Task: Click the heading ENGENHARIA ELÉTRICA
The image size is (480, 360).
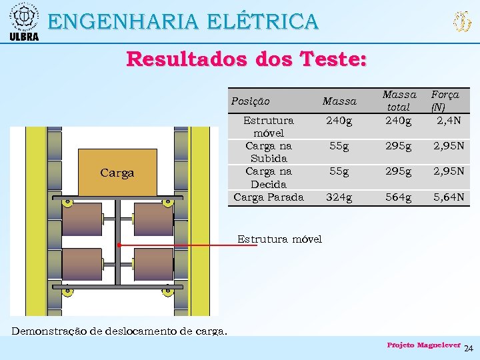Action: coord(183,22)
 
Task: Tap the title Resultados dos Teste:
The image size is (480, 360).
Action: coord(246,59)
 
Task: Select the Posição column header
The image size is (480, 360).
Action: coord(250,101)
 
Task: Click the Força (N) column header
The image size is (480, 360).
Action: coord(445,101)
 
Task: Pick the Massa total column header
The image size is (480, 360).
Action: coord(399,101)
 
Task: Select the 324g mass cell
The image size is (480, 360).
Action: coord(339,197)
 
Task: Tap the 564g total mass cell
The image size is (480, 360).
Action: coord(399,197)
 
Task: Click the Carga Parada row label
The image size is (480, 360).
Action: coord(269,197)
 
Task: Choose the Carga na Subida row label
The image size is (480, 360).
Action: coord(269,152)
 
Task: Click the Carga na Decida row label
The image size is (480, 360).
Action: coord(269,177)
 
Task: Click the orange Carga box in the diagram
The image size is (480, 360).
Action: coord(117,173)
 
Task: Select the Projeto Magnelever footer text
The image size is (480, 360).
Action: coord(424,345)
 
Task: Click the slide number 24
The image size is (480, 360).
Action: coord(468,349)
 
